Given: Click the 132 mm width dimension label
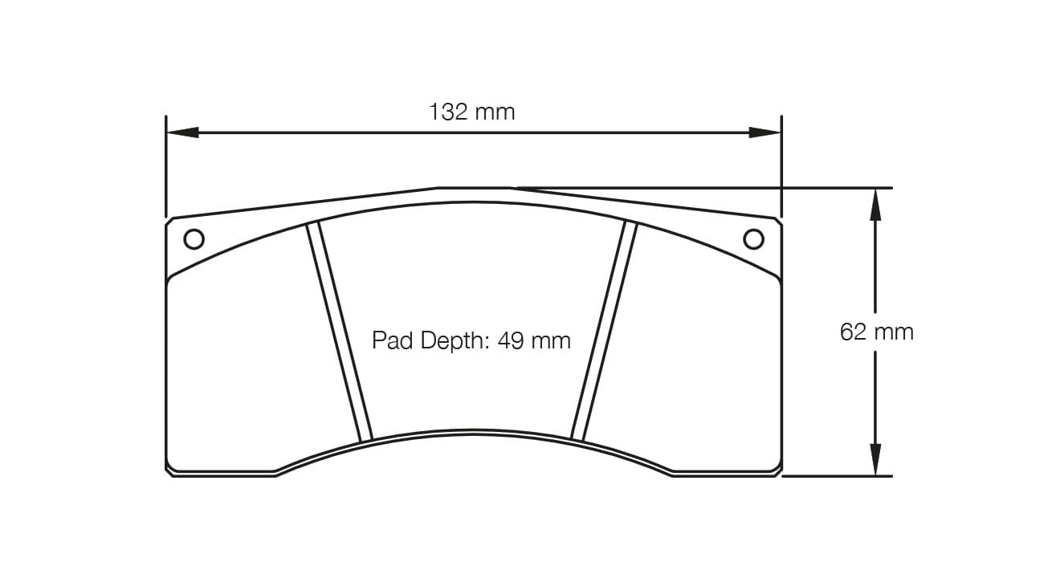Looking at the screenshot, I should [472, 112].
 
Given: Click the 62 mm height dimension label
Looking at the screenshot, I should [876, 332].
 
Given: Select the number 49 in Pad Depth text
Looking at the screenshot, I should [510, 340].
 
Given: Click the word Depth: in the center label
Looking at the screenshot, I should [453, 340].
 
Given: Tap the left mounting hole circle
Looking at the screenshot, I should [194, 239].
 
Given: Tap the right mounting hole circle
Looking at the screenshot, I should [753, 239].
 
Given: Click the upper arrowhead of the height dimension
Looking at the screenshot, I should [875, 206].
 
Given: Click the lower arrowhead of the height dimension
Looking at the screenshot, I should [875, 459].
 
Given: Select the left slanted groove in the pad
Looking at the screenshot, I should [340, 332].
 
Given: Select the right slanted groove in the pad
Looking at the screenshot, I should [604, 331].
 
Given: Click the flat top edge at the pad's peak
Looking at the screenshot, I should [474, 188].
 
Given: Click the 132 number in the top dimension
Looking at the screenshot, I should [448, 112].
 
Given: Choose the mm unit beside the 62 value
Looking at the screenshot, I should [895, 332].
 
